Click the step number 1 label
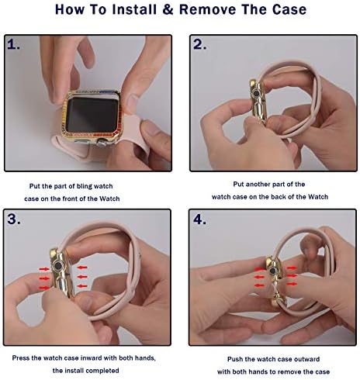pyautogui.click(x=13, y=45)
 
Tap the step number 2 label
pyautogui.click(x=199, y=44)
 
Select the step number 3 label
pyautogui.click(x=14, y=219)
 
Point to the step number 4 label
pyautogui.click(x=199, y=219)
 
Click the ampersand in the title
pyautogui.click(x=168, y=9)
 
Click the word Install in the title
pyautogui.click(x=134, y=9)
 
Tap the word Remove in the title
pyautogui.click(x=207, y=9)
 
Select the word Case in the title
pyautogui.click(x=289, y=9)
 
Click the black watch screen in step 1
pyautogui.click(x=92, y=115)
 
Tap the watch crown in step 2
pyautogui.click(x=256, y=93)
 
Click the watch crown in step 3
pyautogui.click(x=59, y=266)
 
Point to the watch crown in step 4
pyautogui.click(x=273, y=271)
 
